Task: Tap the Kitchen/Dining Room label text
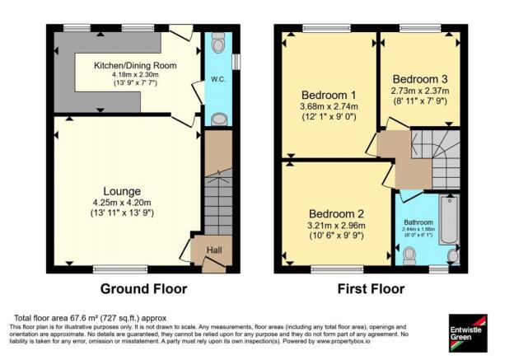pos(133,64)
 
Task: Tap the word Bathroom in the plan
pos(421,222)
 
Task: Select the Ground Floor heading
pos(143,289)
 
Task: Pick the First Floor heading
pos(371,289)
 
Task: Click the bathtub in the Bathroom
pos(449,221)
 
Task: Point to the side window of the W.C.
pos(236,62)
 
